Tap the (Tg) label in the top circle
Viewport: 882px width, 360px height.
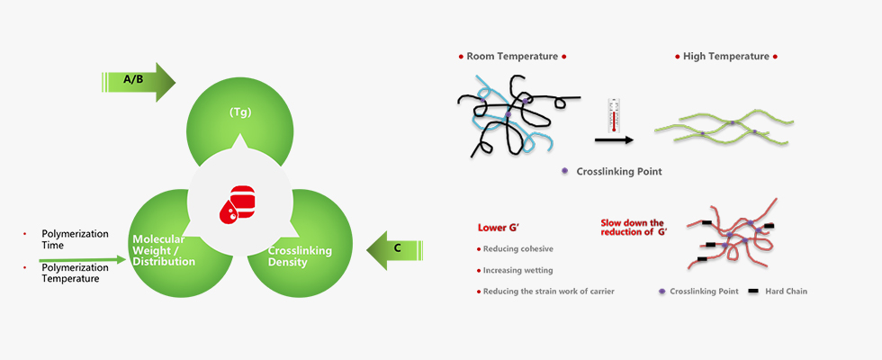tap(238, 112)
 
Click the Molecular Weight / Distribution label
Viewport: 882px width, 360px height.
tap(164, 250)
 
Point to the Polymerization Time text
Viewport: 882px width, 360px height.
tap(75, 239)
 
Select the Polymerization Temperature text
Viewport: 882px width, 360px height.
tap(80, 274)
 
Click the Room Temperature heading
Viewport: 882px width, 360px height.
tap(512, 56)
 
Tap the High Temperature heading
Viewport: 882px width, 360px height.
tap(725, 56)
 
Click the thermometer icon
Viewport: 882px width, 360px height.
tap(613, 114)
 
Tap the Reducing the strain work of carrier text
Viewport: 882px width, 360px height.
tap(549, 291)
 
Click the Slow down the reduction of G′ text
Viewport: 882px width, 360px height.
tap(632, 228)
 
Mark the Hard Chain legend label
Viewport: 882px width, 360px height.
tap(787, 291)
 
